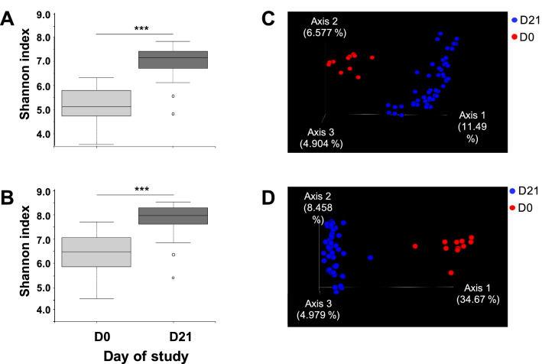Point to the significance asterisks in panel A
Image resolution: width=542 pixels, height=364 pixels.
[141, 29]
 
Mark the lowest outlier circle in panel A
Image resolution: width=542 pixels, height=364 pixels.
[173, 114]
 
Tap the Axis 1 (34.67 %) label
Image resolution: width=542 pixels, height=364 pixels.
[477, 293]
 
